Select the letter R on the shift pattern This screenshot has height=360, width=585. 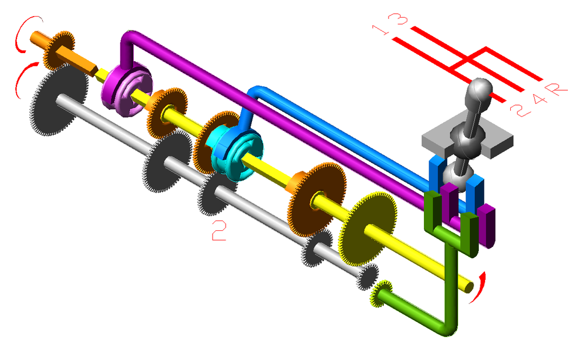pyautogui.click(x=555, y=89)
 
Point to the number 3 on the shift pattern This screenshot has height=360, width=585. pyautogui.click(x=398, y=19)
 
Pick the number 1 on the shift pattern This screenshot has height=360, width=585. pyautogui.click(x=381, y=30)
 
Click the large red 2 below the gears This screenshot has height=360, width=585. pyautogui.click(x=219, y=230)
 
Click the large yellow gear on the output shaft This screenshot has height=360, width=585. pyautogui.click(x=367, y=228)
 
